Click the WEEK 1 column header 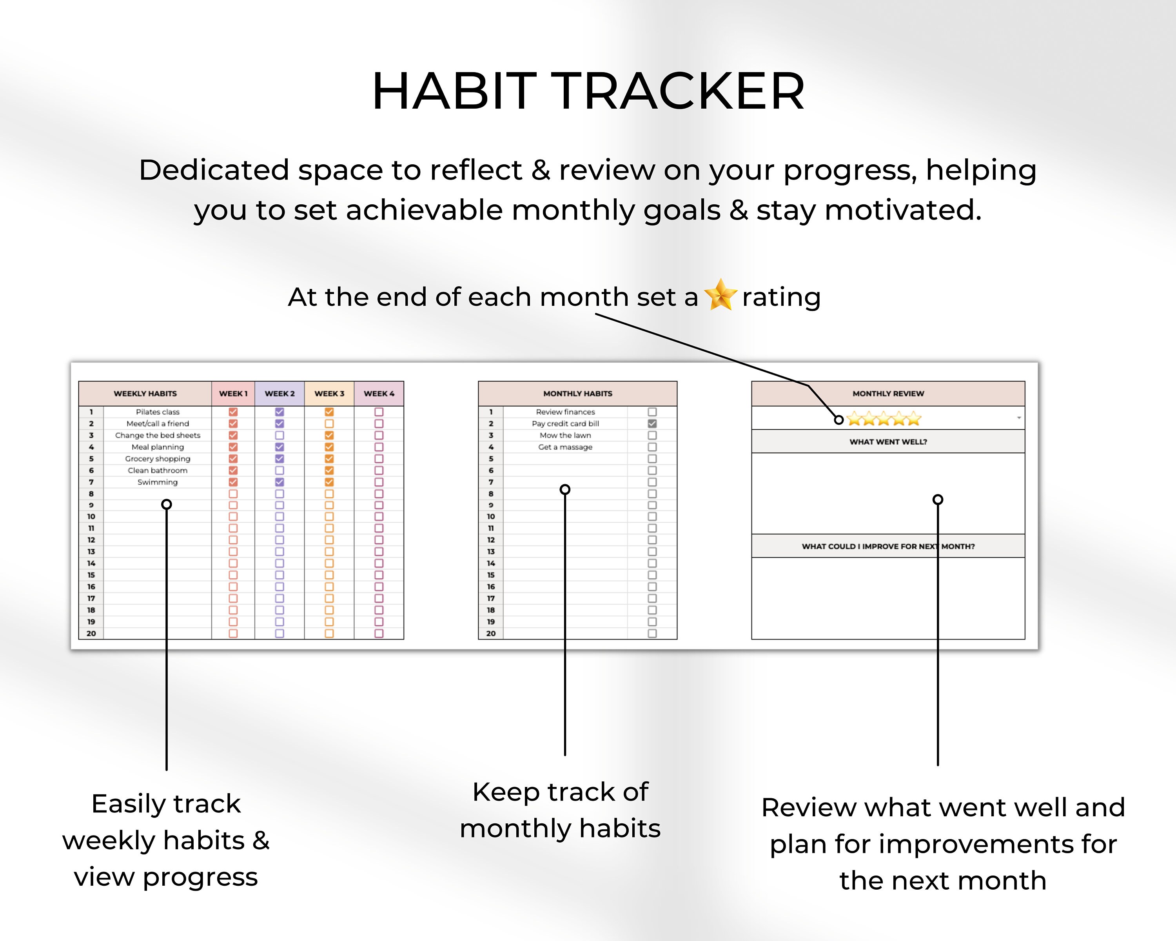(x=233, y=393)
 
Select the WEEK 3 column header (x=329, y=393)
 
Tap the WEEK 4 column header (x=379, y=393)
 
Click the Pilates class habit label (x=157, y=412)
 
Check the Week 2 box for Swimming (x=279, y=482)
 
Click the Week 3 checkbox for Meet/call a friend (x=329, y=424)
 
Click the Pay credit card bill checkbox (x=652, y=424)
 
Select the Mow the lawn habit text (x=565, y=435)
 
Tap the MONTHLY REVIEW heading (x=888, y=393)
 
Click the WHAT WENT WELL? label (x=888, y=442)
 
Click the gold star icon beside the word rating (x=720, y=295)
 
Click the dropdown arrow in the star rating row (x=1018, y=418)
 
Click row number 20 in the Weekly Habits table (x=91, y=633)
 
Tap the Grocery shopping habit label (x=157, y=459)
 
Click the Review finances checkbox (x=652, y=412)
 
